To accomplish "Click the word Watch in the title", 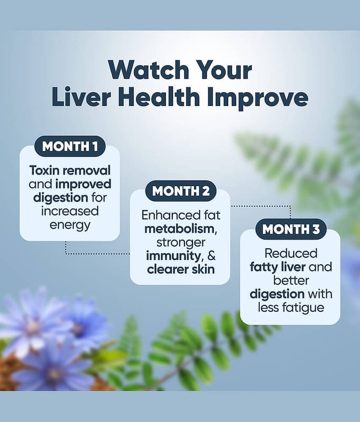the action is tap(149, 70).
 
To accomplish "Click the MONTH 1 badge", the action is tap(70, 147).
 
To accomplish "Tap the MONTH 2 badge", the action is tap(181, 191).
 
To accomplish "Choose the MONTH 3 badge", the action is tap(291, 229).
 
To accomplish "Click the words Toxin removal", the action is tap(70, 170).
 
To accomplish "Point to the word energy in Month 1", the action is tap(70, 226).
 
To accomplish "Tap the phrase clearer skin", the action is tap(181, 270).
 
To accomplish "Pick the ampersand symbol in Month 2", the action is tap(211, 256).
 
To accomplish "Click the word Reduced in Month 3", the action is tap(291, 254).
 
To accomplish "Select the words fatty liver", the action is tap(277, 267).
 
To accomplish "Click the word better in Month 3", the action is tap(291, 281).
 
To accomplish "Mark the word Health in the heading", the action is tap(159, 97).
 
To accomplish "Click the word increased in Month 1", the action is tap(70, 211).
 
